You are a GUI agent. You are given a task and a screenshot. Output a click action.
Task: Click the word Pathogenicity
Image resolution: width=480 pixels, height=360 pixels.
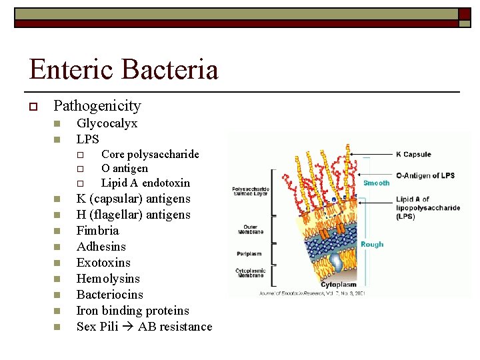pyautogui.click(x=97, y=106)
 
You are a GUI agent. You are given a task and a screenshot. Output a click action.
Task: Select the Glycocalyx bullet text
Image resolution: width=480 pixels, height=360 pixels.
pyautogui.click(x=107, y=123)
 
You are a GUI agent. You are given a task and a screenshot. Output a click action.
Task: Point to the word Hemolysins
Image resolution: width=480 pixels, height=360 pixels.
pyautogui.click(x=108, y=279)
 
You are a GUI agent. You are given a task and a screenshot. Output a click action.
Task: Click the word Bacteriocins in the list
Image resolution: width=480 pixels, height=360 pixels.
pyautogui.click(x=110, y=295)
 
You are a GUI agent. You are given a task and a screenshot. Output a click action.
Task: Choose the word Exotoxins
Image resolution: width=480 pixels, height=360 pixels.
pyautogui.click(x=103, y=263)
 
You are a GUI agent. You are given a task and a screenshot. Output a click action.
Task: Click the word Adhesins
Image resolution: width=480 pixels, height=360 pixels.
pyautogui.click(x=101, y=247)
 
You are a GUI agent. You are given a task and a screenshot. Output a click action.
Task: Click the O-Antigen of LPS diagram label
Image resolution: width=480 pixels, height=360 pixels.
pyautogui.click(x=425, y=175)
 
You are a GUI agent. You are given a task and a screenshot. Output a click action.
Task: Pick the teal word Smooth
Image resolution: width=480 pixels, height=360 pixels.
pyautogui.click(x=376, y=183)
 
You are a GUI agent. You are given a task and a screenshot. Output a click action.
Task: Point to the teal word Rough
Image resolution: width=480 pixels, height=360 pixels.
pyautogui.click(x=372, y=244)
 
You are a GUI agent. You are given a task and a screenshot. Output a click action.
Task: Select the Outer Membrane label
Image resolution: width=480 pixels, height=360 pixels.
pyautogui.click(x=251, y=229)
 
